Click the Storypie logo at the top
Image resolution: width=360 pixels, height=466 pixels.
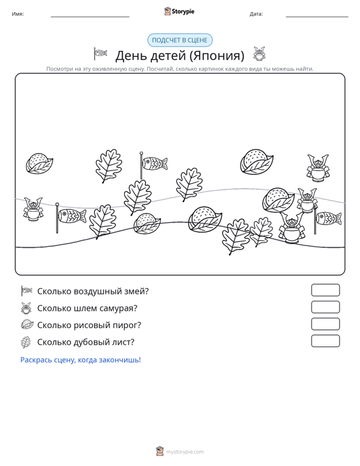179,11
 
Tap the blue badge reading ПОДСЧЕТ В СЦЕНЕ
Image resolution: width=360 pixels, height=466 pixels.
180,40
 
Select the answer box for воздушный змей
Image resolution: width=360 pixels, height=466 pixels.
325,290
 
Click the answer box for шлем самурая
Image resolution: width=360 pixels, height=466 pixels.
325,307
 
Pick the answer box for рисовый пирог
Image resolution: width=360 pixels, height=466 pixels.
325,324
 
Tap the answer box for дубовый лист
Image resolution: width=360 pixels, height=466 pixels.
325,341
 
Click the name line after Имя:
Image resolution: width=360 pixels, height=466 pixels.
90,17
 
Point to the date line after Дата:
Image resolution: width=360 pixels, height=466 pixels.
317,17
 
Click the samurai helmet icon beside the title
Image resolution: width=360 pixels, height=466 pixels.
260,54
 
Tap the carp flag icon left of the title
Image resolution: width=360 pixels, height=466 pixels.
100,53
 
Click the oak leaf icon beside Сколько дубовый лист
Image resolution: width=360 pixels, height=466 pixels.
26,342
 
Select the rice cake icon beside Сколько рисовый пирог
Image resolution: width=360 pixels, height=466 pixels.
27,324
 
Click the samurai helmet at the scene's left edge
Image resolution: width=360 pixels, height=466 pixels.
33,209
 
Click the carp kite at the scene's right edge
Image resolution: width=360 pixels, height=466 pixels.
328,219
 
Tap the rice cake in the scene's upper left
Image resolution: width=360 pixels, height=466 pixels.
39,163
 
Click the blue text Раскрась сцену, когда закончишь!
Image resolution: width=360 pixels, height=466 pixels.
81,360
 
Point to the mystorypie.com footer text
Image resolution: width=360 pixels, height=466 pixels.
185,452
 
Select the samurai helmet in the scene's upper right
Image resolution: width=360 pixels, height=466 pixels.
318,168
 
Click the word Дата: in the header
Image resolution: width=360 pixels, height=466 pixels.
256,14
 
